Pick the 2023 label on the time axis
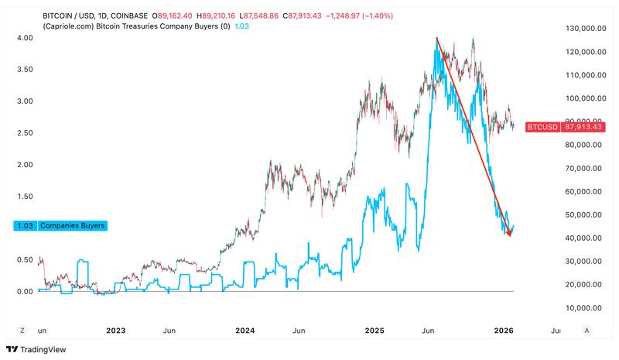click(115, 331)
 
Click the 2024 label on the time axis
click(245, 331)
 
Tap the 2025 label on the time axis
click(374, 331)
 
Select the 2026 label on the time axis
click(504, 331)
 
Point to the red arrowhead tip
click(509, 235)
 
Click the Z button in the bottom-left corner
click(22, 331)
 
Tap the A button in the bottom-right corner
click(587, 331)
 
